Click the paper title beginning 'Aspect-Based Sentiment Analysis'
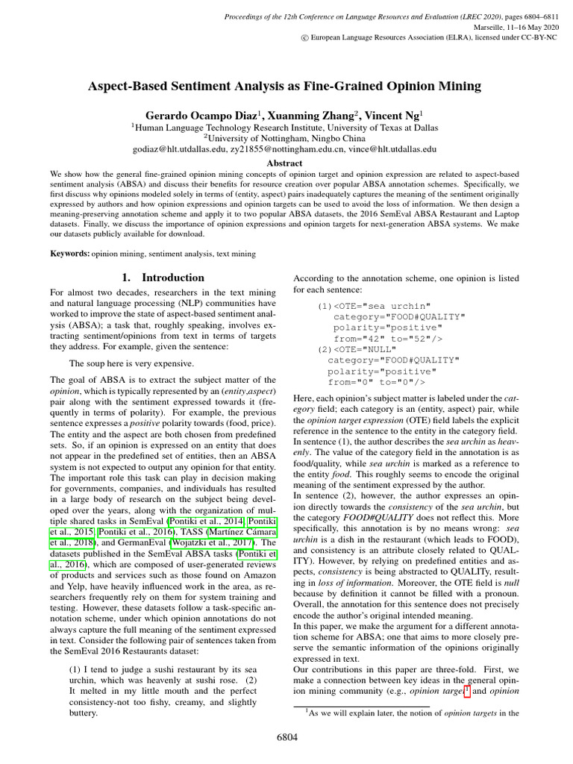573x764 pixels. [x=286, y=87]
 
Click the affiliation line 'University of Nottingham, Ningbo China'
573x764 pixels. [x=286, y=138]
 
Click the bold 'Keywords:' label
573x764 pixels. [x=69, y=254]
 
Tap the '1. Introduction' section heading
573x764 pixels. [x=163, y=278]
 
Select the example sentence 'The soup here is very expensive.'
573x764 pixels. [x=131, y=364]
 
